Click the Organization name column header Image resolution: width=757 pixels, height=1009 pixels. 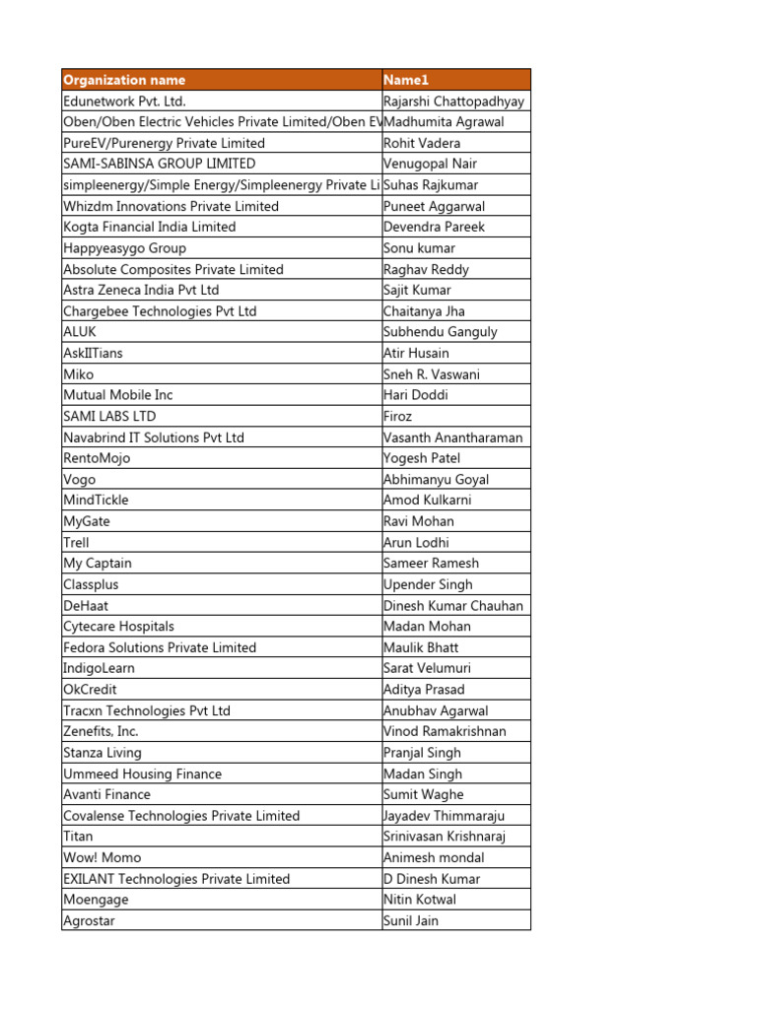click(124, 80)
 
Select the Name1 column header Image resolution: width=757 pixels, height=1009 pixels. click(406, 80)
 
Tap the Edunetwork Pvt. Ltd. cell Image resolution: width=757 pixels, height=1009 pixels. click(124, 101)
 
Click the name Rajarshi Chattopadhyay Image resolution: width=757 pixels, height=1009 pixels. click(453, 101)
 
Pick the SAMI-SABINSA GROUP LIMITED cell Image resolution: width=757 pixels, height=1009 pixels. click(159, 164)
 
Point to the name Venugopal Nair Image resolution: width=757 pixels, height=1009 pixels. click(430, 164)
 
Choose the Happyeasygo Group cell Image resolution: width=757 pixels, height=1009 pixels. click(124, 248)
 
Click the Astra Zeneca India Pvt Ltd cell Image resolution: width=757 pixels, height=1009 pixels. click(141, 290)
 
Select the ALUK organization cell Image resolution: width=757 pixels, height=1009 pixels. click(80, 332)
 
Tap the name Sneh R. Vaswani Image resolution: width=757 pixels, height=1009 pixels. click(432, 374)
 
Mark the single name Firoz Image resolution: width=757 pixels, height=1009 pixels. click(398, 416)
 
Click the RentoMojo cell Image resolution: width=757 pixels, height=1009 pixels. click(97, 458)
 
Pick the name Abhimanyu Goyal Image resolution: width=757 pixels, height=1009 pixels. click(436, 479)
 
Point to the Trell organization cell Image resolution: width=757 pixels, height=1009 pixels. click(76, 542)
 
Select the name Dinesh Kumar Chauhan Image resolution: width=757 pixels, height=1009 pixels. click(453, 605)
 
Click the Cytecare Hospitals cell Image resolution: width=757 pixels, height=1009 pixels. click(118, 626)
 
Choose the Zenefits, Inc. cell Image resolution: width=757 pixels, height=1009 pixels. click(101, 731)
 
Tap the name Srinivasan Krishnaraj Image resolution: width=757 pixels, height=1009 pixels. click(449, 836)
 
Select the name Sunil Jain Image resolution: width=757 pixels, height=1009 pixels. click(411, 920)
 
